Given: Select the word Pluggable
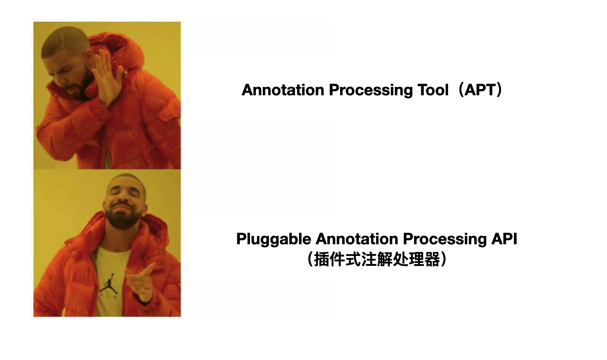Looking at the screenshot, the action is (x=274, y=240).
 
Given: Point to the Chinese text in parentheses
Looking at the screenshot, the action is (x=377, y=259).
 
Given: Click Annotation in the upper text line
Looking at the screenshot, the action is (x=283, y=90).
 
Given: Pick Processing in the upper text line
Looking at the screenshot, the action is (x=371, y=90).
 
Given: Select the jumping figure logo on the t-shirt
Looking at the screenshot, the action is (x=109, y=284).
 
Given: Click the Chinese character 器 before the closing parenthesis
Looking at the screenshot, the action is (x=432, y=259).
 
